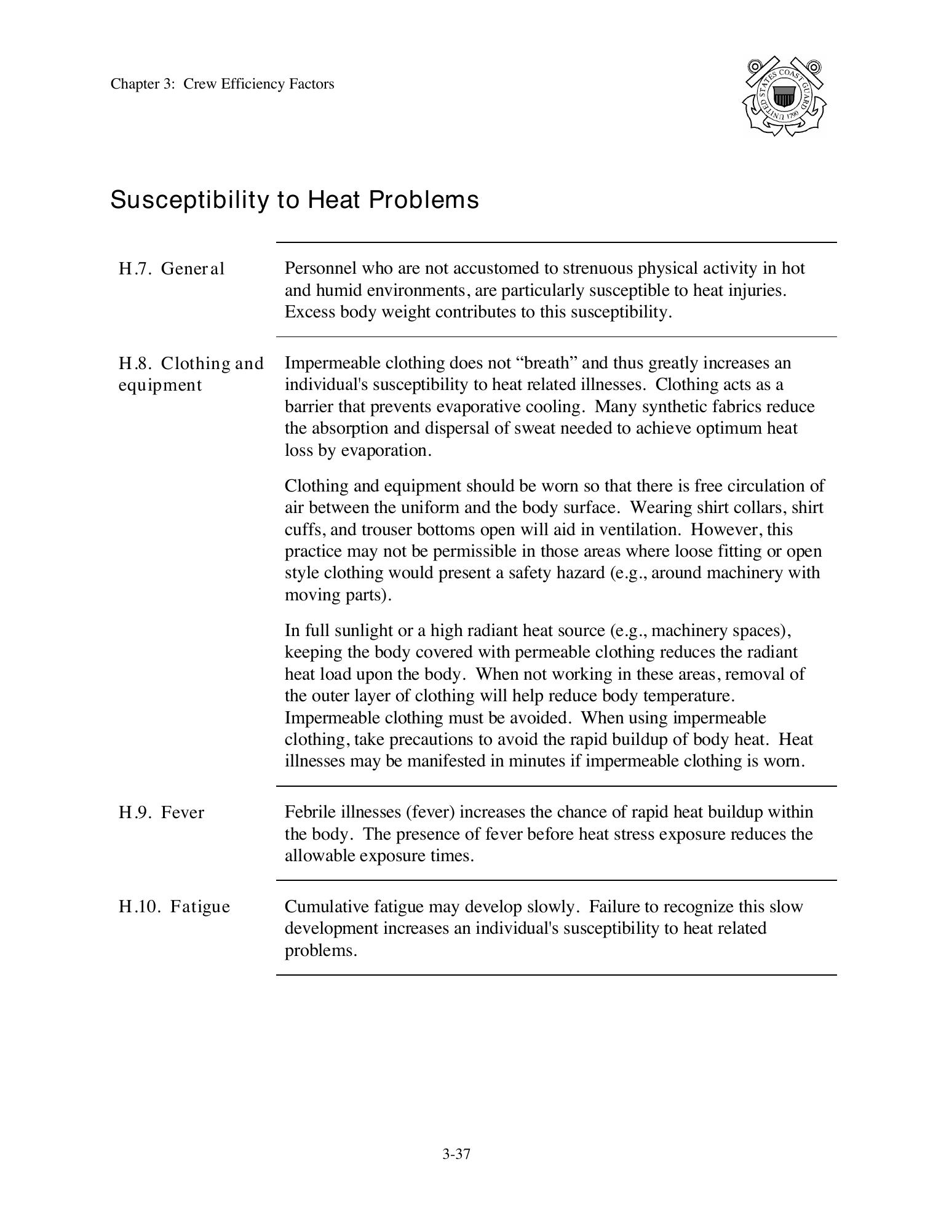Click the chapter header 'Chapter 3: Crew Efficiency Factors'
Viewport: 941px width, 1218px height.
[x=222, y=84]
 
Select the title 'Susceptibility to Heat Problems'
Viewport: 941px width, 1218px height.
[x=294, y=200]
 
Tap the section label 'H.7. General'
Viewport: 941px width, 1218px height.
[x=172, y=269]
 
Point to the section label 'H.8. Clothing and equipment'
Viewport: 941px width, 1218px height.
[x=191, y=374]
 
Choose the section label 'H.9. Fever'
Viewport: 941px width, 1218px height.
[x=161, y=813]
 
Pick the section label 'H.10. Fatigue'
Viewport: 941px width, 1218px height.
[x=174, y=907]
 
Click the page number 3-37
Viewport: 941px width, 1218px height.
[x=456, y=1154]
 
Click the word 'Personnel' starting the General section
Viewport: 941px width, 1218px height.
[x=320, y=268]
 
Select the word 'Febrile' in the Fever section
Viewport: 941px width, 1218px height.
[x=310, y=812]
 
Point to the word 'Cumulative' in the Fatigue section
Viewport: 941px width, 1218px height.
[x=324, y=907]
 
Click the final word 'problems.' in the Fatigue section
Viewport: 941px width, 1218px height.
[x=320, y=950]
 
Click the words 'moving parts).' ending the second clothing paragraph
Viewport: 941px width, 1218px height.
[x=338, y=595]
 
